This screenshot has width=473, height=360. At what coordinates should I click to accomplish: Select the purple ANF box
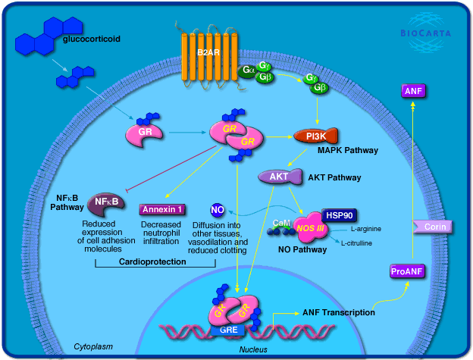tap(413, 92)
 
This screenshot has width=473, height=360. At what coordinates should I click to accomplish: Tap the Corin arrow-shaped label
tap(433, 226)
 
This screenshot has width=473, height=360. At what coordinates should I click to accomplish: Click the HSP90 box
tap(338, 214)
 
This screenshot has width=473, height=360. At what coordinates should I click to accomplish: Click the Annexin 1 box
tap(161, 209)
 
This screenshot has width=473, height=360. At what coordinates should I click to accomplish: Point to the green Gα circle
tap(247, 70)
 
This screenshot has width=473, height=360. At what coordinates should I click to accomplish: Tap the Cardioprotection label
tap(155, 261)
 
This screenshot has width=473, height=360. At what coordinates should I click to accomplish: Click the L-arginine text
tap(365, 228)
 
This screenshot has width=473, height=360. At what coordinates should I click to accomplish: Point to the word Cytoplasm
tap(94, 346)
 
